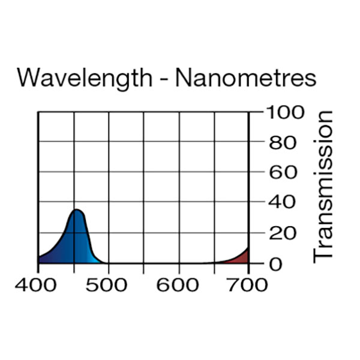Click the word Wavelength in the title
[x=83, y=78]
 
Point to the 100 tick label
[x=284, y=112]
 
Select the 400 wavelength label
[x=38, y=284]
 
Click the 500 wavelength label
[x=108, y=284]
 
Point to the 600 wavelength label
[x=178, y=284]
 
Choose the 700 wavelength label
[x=248, y=284]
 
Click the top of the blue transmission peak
[x=77, y=210]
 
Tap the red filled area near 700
[x=242, y=257]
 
